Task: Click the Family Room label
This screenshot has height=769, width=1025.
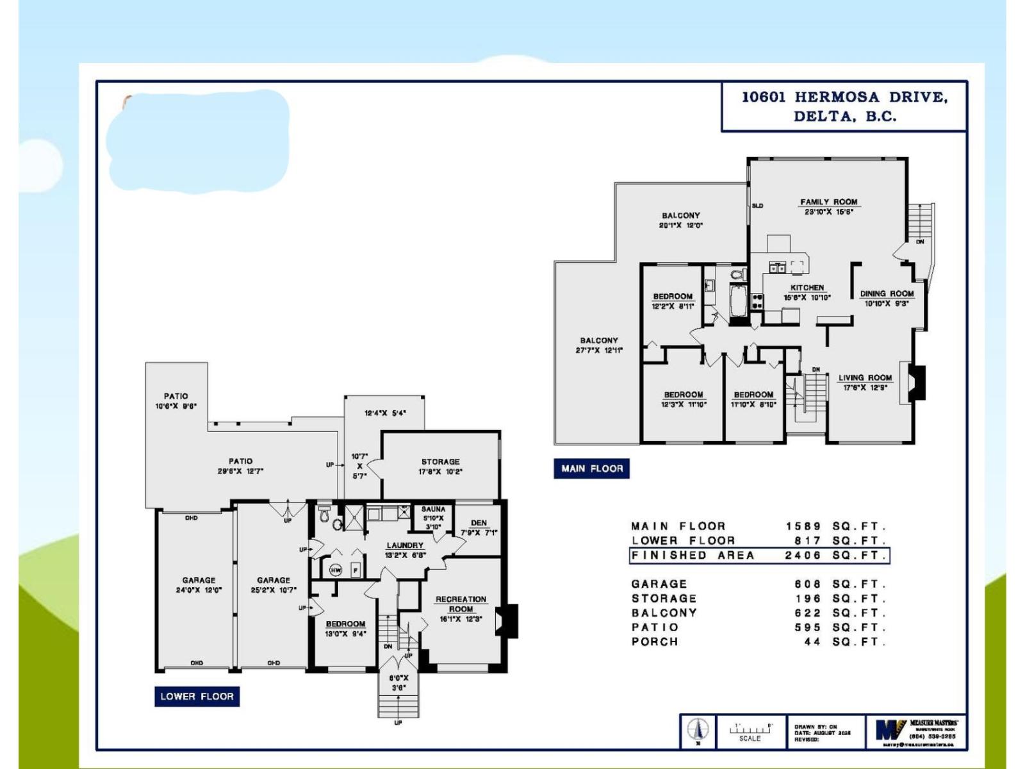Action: coord(828,202)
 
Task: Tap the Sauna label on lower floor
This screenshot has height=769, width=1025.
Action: coord(433,509)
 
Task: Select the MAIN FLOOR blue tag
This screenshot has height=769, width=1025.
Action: coord(591,468)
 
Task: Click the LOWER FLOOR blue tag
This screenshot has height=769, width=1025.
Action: coord(197,697)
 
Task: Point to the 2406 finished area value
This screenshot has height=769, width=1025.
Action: coord(803,556)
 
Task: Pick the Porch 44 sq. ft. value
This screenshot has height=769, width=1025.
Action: coord(812,641)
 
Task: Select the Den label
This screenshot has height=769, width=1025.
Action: coord(479,523)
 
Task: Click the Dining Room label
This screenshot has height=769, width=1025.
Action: coord(887,294)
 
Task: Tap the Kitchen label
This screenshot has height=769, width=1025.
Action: coord(807,288)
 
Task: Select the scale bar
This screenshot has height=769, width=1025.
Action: coord(750,729)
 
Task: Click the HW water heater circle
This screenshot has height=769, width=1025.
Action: coord(336,570)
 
